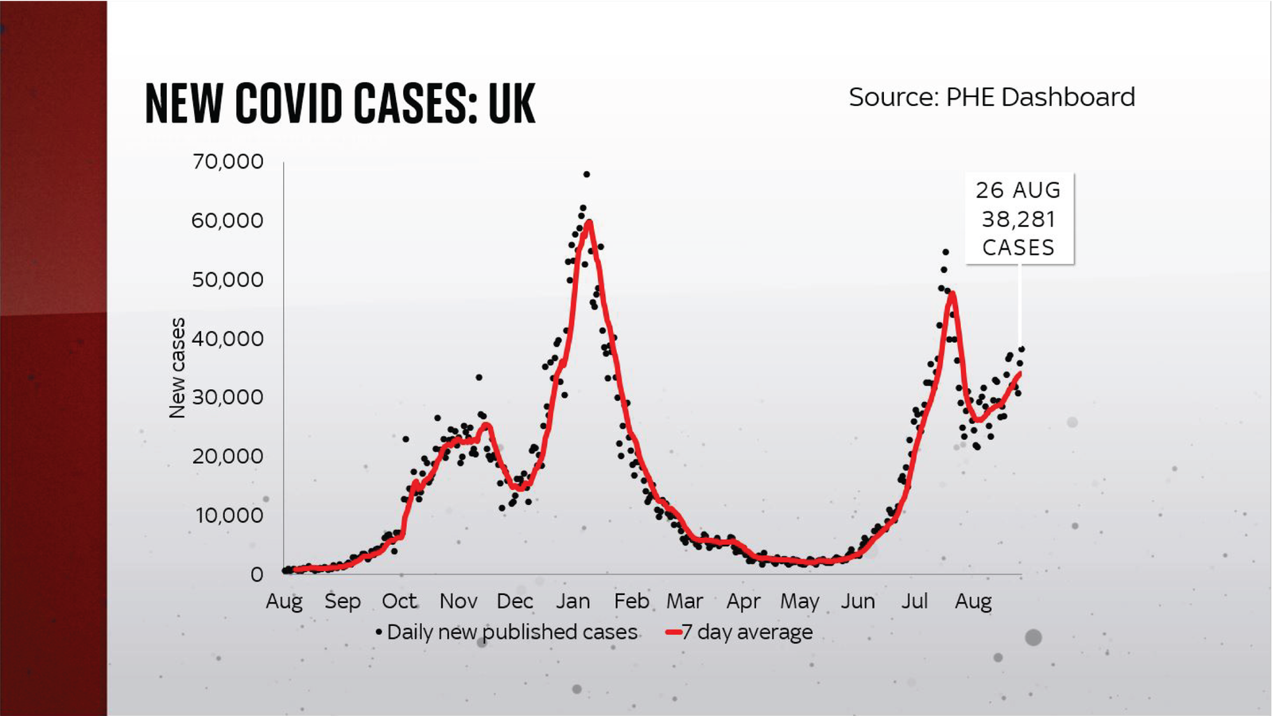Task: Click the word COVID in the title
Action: tap(289, 104)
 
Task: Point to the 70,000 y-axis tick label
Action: tap(227, 161)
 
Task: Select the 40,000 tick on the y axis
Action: tap(227, 338)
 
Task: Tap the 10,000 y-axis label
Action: tap(229, 515)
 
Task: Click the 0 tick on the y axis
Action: tap(257, 574)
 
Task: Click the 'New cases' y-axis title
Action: tap(177, 368)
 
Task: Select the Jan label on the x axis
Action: tap(572, 601)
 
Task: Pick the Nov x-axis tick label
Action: tap(458, 601)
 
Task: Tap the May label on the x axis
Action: tap(799, 601)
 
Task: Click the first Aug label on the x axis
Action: tap(284, 601)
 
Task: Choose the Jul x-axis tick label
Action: tap(914, 601)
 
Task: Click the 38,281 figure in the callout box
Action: tap(1018, 219)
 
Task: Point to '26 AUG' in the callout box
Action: tap(1018, 190)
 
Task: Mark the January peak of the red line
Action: tap(588, 222)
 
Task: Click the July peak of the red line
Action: tap(952, 294)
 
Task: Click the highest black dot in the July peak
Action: tap(945, 252)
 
